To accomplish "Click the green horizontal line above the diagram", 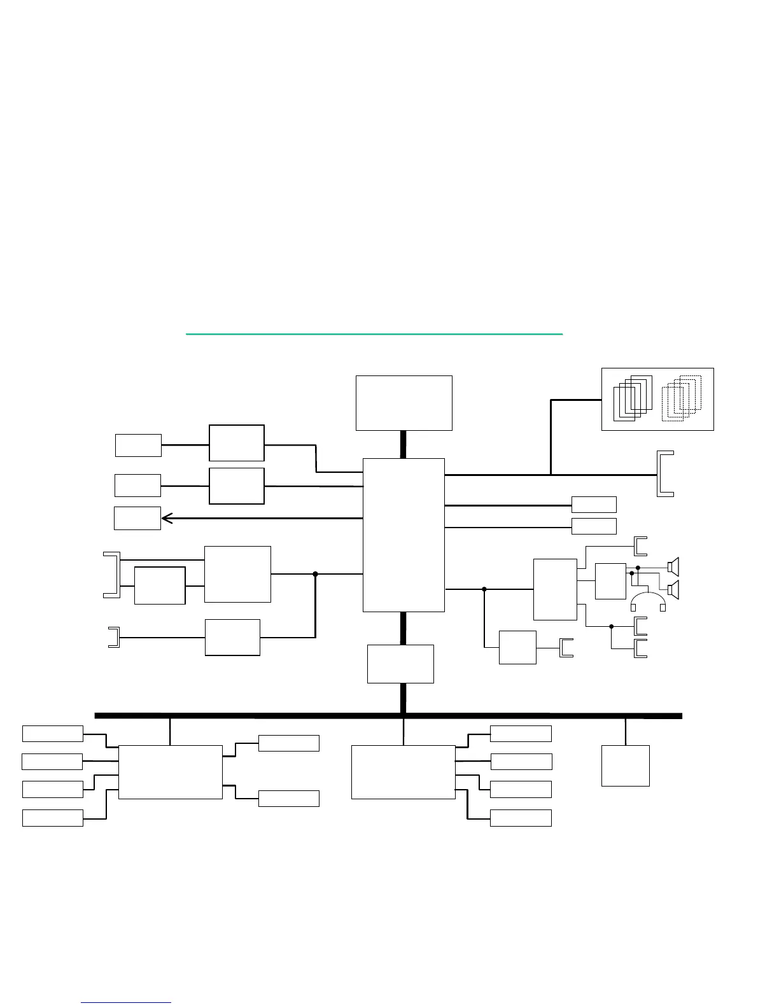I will click(374, 333).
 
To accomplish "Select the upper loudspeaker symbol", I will click(673, 566).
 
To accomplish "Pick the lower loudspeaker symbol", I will click(673, 590).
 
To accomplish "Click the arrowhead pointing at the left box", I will click(167, 518).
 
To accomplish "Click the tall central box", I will click(404, 535).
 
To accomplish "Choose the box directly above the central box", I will click(404, 403).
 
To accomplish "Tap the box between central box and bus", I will click(400, 664).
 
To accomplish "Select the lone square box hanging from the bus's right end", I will click(626, 766).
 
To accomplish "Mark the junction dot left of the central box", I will click(315, 574).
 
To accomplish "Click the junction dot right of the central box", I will click(484, 589).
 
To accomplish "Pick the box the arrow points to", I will click(137, 518).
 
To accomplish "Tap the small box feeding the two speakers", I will click(610, 581).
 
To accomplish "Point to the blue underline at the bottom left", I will click(126, 1003).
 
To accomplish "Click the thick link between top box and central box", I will click(403, 444).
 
